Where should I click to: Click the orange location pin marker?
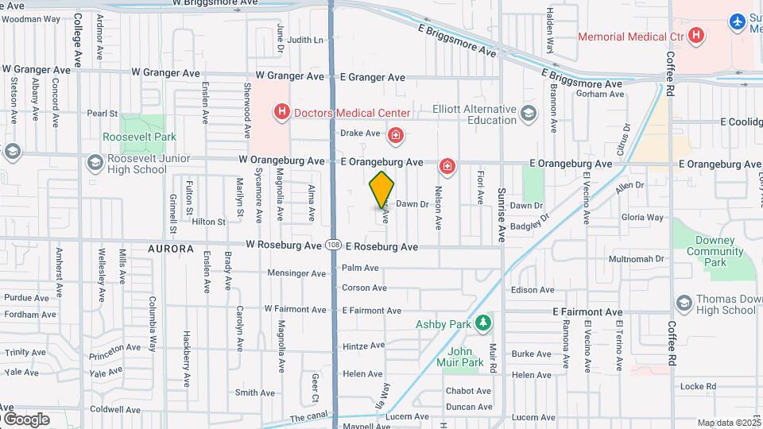point(381,189)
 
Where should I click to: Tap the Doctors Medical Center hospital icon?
point(281,113)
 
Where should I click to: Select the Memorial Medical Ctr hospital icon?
point(696,36)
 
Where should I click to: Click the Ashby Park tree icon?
point(482,323)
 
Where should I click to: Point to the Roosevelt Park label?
point(139,137)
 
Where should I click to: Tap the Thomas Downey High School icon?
point(684,303)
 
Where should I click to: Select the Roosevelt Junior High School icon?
point(95,163)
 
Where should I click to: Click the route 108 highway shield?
point(333,246)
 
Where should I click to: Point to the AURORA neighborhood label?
point(170,249)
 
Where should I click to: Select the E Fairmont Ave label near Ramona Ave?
point(587,312)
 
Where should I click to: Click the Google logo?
point(25,419)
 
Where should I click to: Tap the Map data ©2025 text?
point(728,423)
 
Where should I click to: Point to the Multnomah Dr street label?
point(635,260)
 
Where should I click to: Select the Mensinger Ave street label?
point(296,273)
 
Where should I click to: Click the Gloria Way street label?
point(642,217)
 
